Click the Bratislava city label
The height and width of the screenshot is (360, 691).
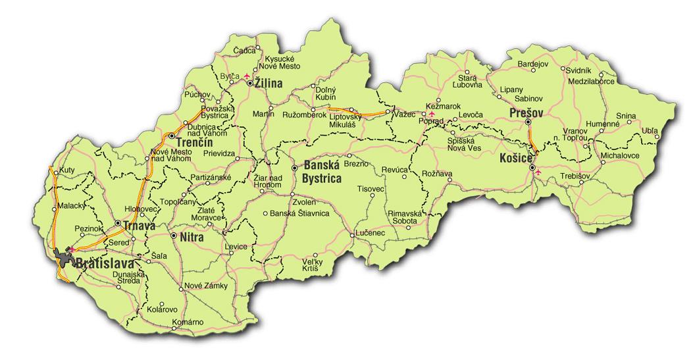pyautogui.click(x=105, y=264)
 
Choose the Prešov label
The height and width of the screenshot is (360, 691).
pyautogui.click(x=526, y=114)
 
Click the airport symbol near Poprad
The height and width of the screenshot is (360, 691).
pyautogui.click(x=432, y=114)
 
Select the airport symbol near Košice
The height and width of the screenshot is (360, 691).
pyautogui.click(x=538, y=172)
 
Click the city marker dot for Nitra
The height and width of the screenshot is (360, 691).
pyautogui.click(x=173, y=235)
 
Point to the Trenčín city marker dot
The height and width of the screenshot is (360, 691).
pyautogui.click(x=171, y=136)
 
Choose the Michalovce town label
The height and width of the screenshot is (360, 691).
pyautogui.click(x=620, y=155)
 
